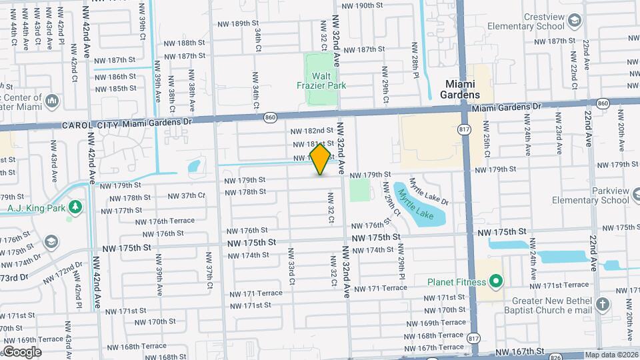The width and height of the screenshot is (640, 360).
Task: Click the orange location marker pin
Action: (321, 159)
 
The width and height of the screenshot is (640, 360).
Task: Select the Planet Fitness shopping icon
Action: (495, 281)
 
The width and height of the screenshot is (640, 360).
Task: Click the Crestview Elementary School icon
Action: (573, 21)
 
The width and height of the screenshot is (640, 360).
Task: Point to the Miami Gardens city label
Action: (460, 89)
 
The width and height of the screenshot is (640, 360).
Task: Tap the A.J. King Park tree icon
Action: (74, 207)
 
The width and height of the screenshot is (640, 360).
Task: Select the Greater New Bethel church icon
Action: (603, 305)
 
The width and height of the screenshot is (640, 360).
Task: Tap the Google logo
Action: (22, 352)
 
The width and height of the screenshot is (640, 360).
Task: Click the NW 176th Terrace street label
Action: (165, 221)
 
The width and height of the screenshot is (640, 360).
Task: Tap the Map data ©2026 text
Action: (611, 355)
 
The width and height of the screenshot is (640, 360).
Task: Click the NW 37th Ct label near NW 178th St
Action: (185, 196)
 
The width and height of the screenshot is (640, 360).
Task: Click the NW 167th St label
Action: (519, 351)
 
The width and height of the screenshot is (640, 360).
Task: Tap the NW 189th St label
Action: (237, 23)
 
